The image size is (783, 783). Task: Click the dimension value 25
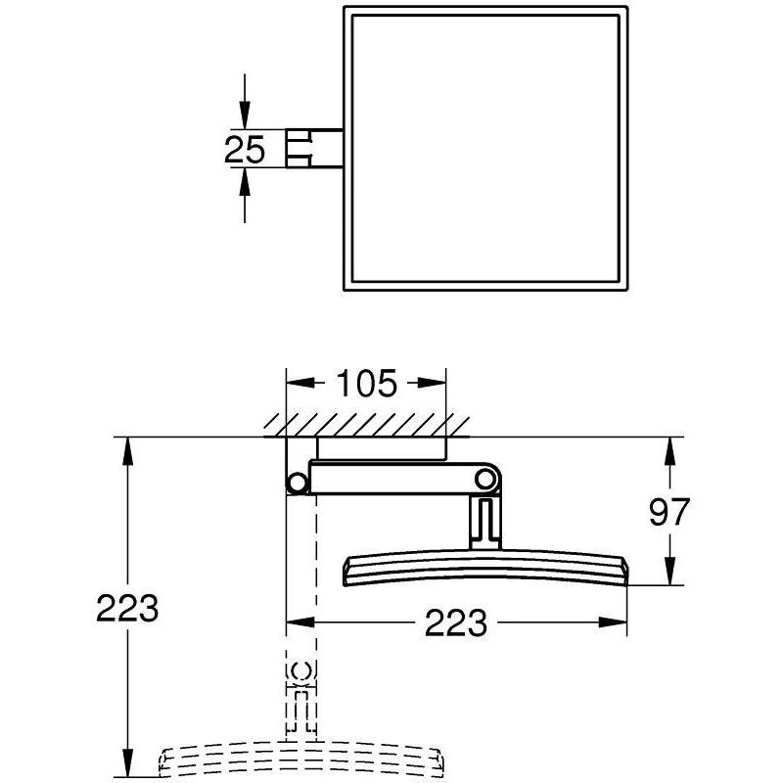coord(244,150)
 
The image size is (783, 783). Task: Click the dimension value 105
coord(367,384)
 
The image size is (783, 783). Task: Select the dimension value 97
coord(669,512)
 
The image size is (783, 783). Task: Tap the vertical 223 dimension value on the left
coord(127,608)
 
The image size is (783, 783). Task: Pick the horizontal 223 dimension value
coord(455,622)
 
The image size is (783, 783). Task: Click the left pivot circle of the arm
coord(297,483)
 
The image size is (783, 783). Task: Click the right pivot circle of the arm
coord(484,479)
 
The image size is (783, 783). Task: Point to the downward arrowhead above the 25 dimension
coord(244,115)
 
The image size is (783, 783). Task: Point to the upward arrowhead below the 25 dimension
coord(244,181)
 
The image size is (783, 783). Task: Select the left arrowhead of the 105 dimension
coord(300,383)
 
